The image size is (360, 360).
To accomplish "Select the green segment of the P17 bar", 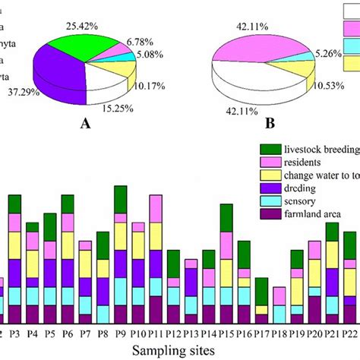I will tap(261, 292).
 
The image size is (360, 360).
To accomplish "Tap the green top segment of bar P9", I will tap(120, 199).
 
